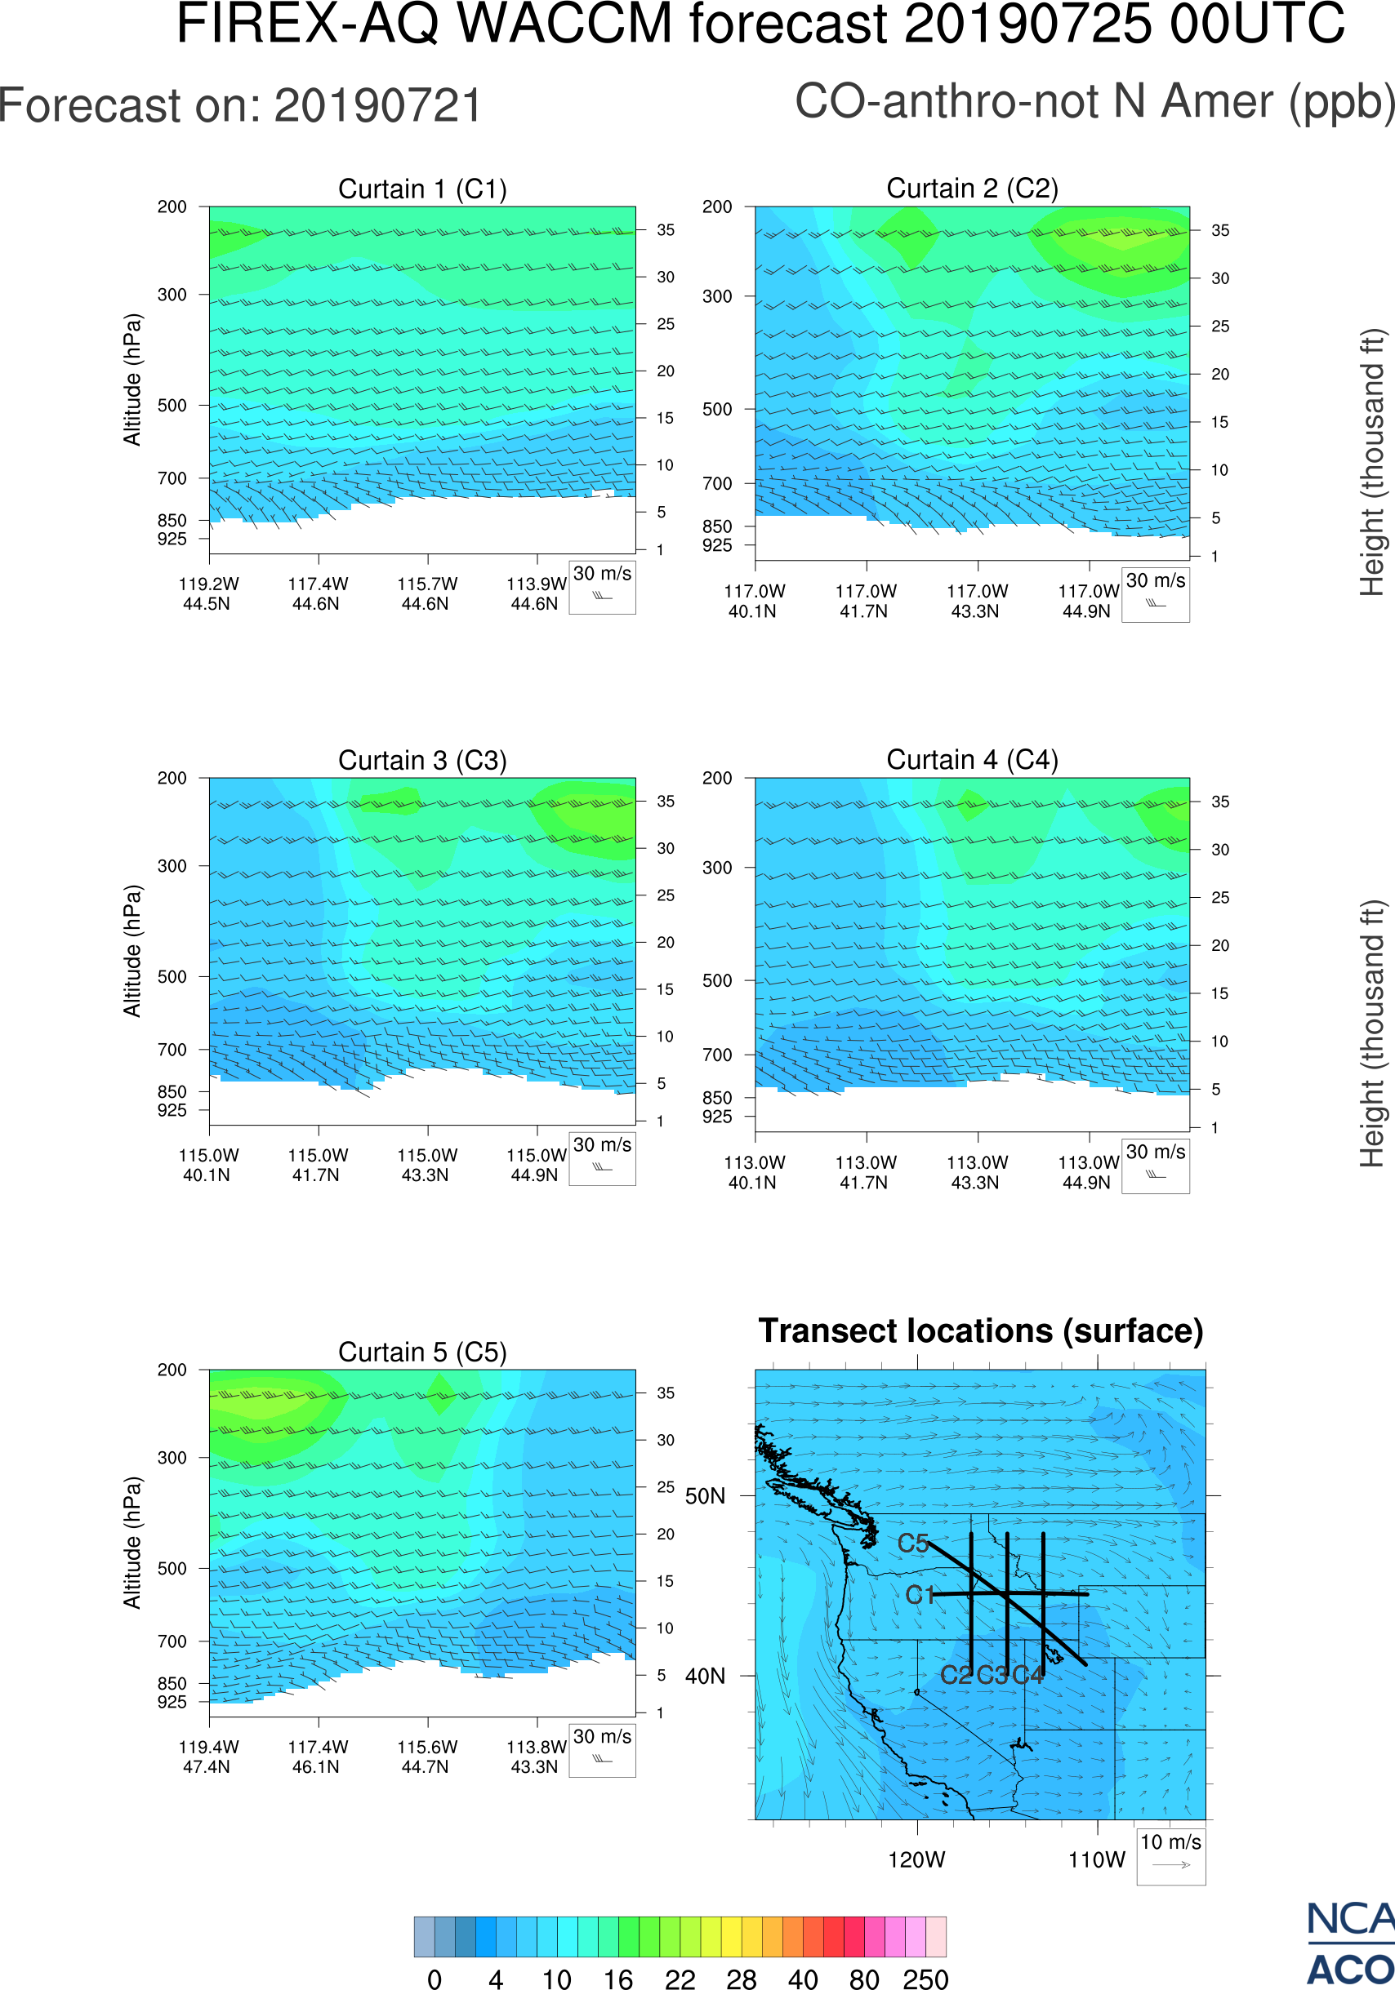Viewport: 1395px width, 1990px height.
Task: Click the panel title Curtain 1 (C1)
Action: tap(422, 189)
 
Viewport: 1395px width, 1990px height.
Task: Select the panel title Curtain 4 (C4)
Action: tap(972, 760)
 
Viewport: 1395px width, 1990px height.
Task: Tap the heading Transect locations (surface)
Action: tap(981, 1330)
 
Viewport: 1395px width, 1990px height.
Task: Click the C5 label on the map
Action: tap(913, 1543)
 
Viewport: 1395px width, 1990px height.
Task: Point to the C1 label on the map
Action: tap(920, 1595)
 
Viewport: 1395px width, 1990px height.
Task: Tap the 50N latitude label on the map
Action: tap(705, 1496)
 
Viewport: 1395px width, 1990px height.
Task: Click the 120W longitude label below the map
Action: tap(916, 1860)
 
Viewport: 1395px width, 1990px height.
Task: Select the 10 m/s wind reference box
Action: tap(1170, 1855)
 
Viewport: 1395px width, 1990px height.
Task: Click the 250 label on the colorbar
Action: tap(925, 1979)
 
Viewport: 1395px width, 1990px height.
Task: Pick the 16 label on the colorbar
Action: tap(617, 1979)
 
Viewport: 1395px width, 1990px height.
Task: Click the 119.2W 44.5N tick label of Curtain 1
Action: tap(208, 593)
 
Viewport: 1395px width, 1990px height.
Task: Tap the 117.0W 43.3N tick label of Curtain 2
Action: tap(977, 601)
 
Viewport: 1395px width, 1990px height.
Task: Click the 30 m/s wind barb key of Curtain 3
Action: tap(602, 1158)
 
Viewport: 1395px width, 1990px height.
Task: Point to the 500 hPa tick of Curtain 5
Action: tap(172, 1568)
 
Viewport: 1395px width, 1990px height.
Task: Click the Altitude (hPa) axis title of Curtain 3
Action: tap(131, 951)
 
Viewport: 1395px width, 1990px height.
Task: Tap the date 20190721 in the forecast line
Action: tap(377, 106)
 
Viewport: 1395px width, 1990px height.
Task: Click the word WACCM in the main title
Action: tap(564, 24)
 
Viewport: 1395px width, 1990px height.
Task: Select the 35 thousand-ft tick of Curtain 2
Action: tap(1220, 230)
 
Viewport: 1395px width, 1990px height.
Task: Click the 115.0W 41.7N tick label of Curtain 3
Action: tap(318, 1165)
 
